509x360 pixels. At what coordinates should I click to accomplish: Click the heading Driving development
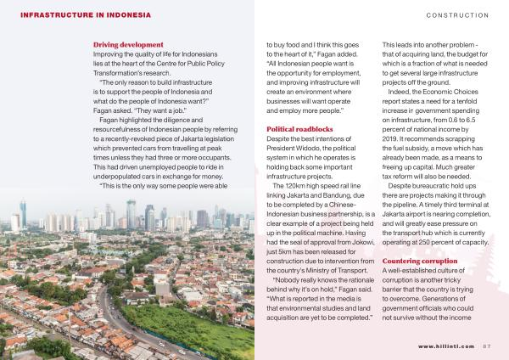[128, 44]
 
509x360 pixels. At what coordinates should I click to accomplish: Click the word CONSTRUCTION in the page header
[457, 14]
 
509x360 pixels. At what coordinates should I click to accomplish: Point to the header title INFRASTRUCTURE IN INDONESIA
[86, 14]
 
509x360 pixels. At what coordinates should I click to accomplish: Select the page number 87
[486, 346]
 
